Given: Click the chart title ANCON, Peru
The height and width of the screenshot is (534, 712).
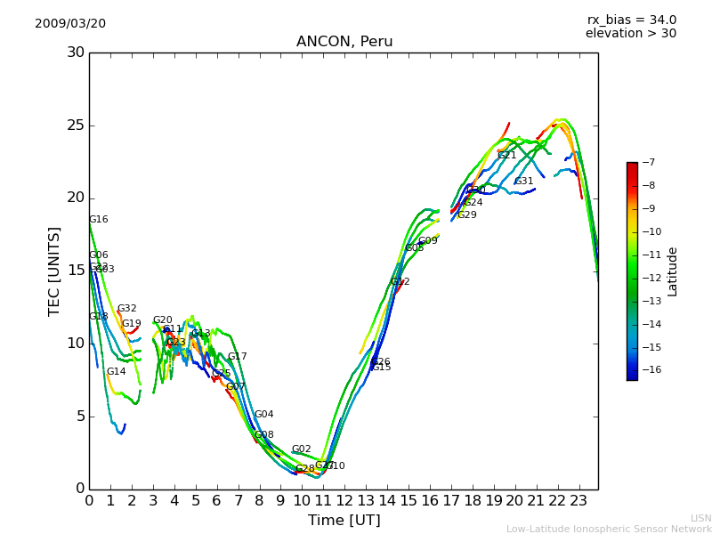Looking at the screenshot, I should tap(344, 42).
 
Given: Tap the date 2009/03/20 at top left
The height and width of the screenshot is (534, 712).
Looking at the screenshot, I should tap(70, 24).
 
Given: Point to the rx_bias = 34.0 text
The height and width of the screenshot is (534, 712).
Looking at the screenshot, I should tap(631, 20).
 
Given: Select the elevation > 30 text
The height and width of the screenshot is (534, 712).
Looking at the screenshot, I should tap(630, 34).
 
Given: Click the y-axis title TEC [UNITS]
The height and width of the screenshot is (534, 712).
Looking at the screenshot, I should tap(55, 271).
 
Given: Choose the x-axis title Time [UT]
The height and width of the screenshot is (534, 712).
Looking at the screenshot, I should tap(344, 521).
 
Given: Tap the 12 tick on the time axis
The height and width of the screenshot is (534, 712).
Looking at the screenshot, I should tap(344, 501).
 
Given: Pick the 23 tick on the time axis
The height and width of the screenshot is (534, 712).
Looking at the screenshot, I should tap(578, 501).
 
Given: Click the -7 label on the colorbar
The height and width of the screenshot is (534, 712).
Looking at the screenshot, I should tap(647, 162).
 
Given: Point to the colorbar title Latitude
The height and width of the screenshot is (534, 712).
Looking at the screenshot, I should tap(673, 271).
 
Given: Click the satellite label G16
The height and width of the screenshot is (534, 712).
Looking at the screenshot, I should tap(99, 220).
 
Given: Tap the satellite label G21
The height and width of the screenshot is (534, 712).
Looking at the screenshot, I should tap(507, 156).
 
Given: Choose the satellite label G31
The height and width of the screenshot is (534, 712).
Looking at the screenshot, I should tap(524, 182).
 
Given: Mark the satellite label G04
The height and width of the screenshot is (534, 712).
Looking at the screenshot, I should tap(264, 415).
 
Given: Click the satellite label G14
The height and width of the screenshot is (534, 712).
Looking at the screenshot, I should tap(117, 372).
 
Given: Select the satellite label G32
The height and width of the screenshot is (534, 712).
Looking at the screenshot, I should tap(127, 309).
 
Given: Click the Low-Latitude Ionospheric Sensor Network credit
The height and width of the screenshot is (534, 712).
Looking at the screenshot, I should tap(609, 530).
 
